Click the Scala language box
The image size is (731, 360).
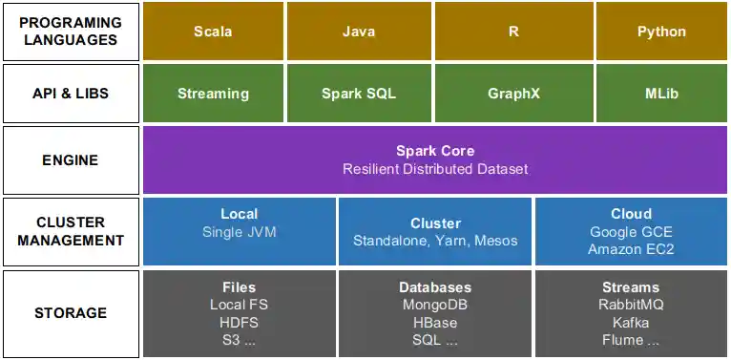213,32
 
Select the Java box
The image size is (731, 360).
359,32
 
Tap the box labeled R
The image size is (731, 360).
513,32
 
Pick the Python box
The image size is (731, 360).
661,32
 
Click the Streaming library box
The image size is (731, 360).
213,94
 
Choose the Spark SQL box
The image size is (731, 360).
359,94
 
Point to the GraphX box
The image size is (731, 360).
513,94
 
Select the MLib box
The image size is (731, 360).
661,94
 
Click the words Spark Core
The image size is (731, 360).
435,151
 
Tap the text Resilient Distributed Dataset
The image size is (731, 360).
435,169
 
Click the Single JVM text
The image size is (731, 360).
240,232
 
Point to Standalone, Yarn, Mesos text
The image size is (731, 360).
435,241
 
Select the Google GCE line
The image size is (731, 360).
631,232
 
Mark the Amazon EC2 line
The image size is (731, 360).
631,249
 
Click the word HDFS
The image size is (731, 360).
239,322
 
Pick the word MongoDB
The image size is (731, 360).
435,305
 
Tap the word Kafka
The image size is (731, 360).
631,322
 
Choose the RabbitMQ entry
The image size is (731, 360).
631,305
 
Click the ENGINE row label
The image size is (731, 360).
70,160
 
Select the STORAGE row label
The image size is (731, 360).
70,313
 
